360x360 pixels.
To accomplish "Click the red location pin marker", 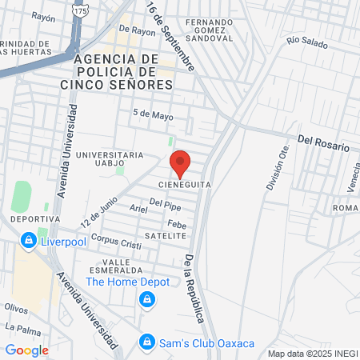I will coord(180,163).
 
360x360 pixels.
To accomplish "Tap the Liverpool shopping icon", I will coord(28,240).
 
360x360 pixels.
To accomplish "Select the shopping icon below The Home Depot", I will coord(146,300).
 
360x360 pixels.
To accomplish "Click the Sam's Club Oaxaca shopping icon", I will coord(146,342).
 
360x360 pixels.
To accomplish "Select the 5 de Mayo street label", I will coord(153,115).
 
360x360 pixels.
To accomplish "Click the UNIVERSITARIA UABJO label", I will coord(111,159).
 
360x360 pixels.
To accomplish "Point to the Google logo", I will coord(26,350).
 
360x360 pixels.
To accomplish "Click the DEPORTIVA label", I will coord(36,218).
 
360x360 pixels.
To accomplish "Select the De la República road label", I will coord(190,284).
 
